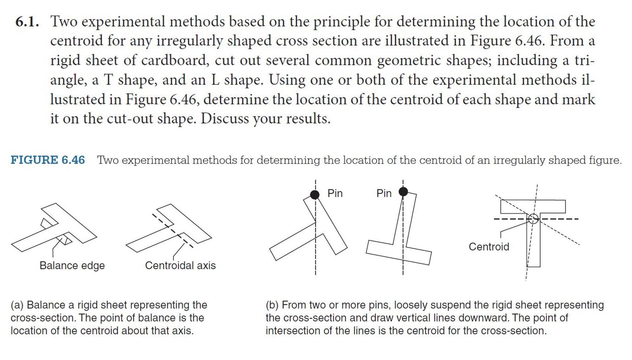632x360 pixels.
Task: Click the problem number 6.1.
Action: tap(28, 22)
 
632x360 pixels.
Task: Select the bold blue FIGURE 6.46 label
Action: tap(48, 160)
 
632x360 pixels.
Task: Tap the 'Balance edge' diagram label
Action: tap(72, 265)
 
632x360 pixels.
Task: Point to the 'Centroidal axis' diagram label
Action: tap(180, 265)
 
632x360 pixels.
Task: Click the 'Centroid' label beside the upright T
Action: tap(488, 247)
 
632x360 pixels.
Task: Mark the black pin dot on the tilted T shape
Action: tap(314, 195)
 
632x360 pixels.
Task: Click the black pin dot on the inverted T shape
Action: tap(403, 192)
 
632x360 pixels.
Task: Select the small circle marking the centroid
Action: tap(533, 219)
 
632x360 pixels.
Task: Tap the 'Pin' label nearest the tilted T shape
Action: tap(335, 193)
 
